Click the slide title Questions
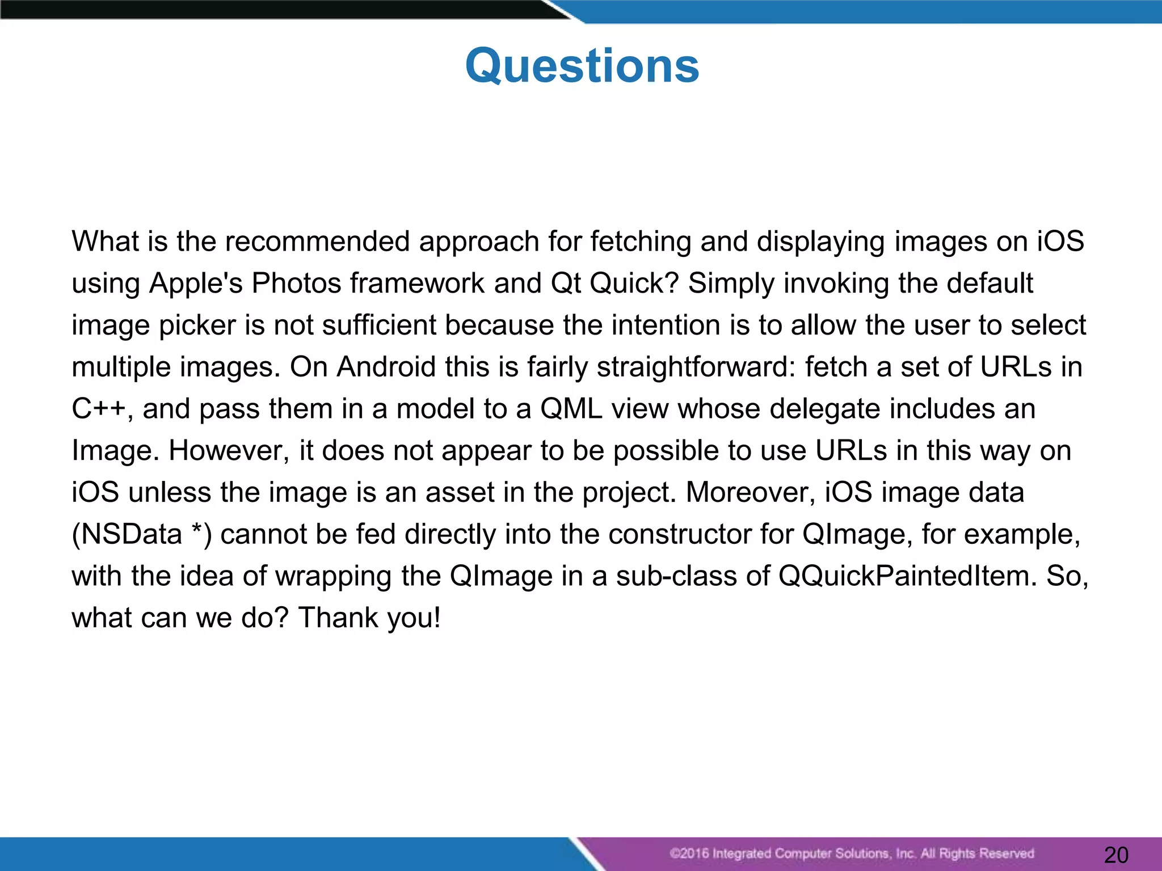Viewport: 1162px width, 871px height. point(582,66)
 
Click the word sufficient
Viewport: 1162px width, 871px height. point(380,325)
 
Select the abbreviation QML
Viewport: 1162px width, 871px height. point(571,409)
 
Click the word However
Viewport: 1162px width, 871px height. point(229,451)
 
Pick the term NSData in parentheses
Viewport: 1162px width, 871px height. point(132,534)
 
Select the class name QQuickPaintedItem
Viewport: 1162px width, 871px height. point(907,576)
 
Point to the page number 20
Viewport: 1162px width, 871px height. point(1116,855)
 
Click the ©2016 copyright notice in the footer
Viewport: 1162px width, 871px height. point(851,853)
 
